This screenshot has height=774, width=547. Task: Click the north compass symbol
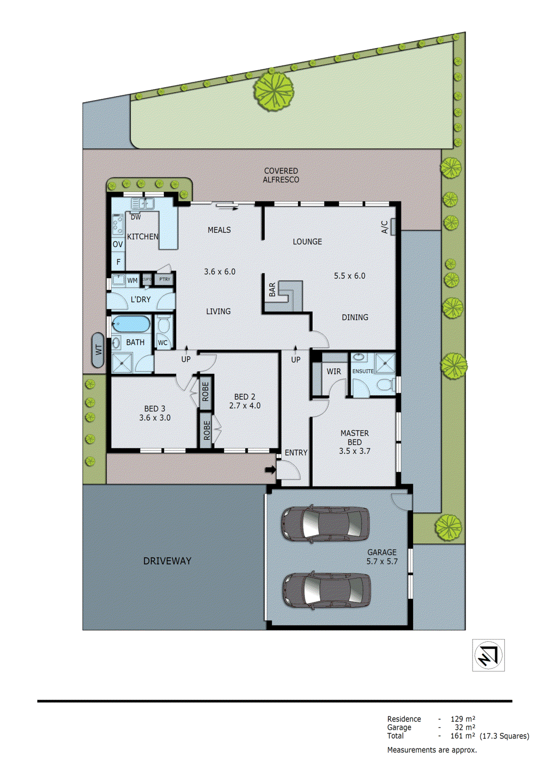click(488, 655)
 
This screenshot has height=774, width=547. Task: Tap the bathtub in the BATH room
click(131, 324)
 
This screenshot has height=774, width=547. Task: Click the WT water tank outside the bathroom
click(98, 350)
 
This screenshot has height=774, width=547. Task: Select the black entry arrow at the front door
click(270, 469)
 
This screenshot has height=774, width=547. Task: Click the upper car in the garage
click(325, 523)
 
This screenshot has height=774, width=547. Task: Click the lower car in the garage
click(326, 590)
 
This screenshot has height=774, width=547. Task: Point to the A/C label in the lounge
click(385, 226)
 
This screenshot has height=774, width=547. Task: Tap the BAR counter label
click(272, 290)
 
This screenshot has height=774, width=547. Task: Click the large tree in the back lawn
click(274, 91)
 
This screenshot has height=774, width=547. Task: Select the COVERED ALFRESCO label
click(281, 175)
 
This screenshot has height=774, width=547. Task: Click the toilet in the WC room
click(163, 325)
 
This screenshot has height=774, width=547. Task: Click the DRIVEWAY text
click(167, 561)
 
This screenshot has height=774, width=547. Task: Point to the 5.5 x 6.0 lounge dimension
click(349, 276)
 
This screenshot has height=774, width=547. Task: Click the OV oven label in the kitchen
click(118, 244)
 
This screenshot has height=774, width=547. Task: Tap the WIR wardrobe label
click(334, 372)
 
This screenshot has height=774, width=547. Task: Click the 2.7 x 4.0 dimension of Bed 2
click(245, 405)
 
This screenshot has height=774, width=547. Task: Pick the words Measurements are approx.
click(432, 750)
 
